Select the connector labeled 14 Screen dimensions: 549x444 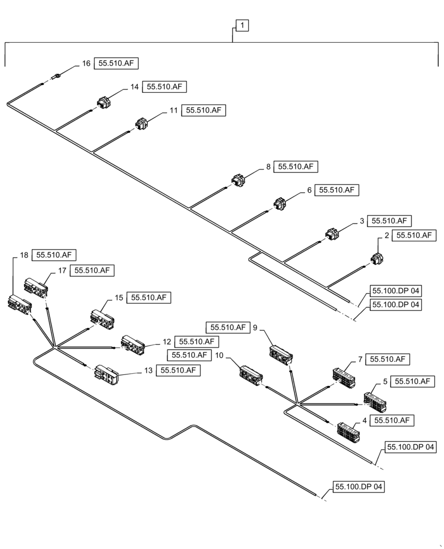pos(103,102)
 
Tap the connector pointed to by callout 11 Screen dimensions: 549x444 pos(142,124)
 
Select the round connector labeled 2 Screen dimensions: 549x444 pos(378,259)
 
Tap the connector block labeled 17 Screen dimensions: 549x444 pos(35,287)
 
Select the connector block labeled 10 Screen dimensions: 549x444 pos(250,375)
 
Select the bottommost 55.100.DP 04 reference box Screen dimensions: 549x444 pos(359,487)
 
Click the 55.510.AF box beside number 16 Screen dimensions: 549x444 pos(116,64)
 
